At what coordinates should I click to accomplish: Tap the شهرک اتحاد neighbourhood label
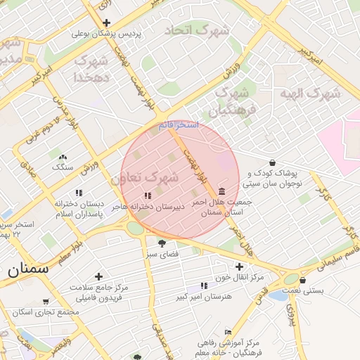coord(197,31)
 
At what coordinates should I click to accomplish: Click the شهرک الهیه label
coord(314,92)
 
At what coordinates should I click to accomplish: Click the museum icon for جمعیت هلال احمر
coord(222,192)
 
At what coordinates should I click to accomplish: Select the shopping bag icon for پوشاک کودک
coord(273,162)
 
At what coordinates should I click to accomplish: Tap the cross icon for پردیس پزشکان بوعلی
coord(106,23)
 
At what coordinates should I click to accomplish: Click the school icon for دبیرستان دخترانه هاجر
coord(148,195)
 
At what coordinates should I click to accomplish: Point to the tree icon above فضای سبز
coord(162,243)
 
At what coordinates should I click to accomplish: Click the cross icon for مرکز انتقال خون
coord(240,266)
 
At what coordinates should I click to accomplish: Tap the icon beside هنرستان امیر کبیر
coord(204,285)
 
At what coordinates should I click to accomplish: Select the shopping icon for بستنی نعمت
coord(302,280)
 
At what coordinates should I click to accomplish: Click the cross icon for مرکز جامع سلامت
coord(98,277)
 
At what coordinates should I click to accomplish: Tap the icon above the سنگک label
coord(63,157)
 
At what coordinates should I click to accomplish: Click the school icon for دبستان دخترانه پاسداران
coord(79,193)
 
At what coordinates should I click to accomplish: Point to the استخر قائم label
coord(178,124)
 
